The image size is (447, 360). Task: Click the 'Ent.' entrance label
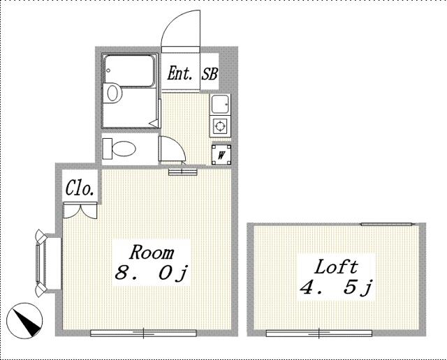179,73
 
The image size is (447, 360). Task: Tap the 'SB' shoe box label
210,73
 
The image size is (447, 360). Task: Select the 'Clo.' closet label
80,188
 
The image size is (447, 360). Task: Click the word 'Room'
152,252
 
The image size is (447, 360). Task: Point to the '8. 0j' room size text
152,273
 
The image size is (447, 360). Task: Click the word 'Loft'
336,267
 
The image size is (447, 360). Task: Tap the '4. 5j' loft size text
336,287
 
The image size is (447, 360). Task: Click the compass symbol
24,321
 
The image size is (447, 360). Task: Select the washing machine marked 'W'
221,155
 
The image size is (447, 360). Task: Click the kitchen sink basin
220,104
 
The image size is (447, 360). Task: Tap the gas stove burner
220,126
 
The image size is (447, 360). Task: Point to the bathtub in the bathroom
129,71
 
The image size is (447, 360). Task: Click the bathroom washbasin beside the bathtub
112,93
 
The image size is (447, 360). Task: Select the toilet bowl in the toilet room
124,149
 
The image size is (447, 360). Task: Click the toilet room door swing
173,149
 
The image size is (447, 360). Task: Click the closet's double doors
80,211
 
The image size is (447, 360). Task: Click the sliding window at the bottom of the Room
143,333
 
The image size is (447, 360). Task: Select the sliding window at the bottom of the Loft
319,333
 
